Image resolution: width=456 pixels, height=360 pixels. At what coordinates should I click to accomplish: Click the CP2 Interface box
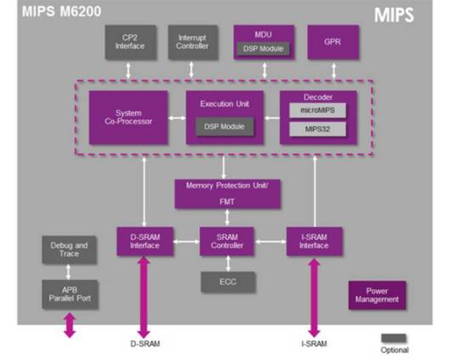pyautogui.click(x=129, y=43)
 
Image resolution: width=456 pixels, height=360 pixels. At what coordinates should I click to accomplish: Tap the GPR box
pyautogui.click(x=330, y=41)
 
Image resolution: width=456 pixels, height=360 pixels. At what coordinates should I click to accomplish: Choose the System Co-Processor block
pyautogui.click(x=128, y=118)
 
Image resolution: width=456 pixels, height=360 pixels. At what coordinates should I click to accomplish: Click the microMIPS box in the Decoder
pyautogui.click(x=318, y=111)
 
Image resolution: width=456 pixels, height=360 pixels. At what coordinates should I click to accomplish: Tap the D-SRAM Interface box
pyautogui.click(x=145, y=242)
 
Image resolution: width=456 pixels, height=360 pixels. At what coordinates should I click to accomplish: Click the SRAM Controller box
pyautogui.click(x=227, y=242)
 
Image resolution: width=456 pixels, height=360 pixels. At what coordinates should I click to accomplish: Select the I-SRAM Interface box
pyautogui.click(x=314, y=242)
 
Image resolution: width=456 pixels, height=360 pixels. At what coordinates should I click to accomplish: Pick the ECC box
pyautogui.click(x=227, y=281)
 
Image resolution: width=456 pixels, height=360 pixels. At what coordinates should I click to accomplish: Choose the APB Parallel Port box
pyautogui.click(x=70, y=294)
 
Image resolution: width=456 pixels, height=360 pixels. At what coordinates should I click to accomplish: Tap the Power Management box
pyautogui.click(x=376, y=294)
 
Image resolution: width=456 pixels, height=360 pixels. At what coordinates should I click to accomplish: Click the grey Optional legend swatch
pyautogui.click(x=393, y=338)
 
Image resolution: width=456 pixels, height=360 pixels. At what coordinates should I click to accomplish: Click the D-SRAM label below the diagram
pyautogui.click(x=145, y=345)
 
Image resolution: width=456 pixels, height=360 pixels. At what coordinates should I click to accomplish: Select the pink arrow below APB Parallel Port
pyautogui.click(x=70, y=326)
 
